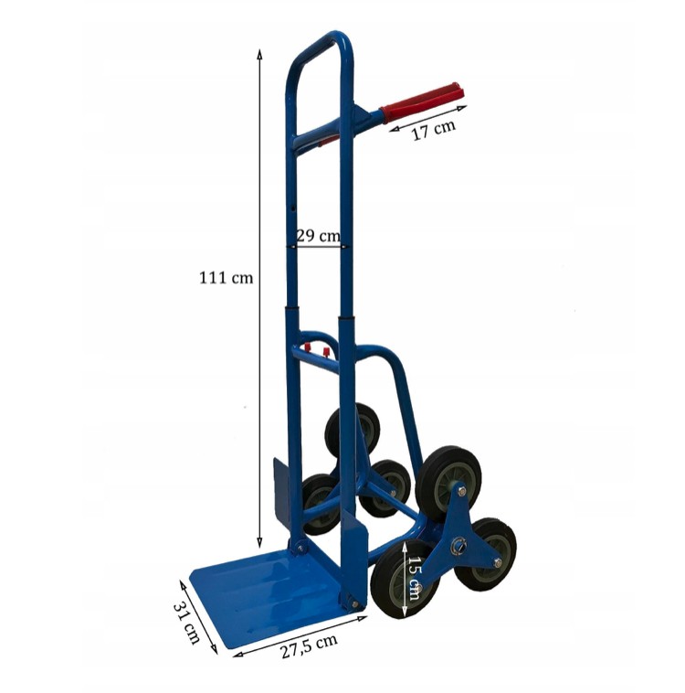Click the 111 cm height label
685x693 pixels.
(227, 278)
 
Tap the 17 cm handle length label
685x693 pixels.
(433, 130)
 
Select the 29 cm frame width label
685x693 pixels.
(318, 236)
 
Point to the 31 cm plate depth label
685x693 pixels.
(187, 623)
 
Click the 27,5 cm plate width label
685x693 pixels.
(309, 645)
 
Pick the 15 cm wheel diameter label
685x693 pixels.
(414, 578)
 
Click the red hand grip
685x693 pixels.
(422, 102)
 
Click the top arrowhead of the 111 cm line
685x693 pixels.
(259, 54)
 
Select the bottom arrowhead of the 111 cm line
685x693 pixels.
(259, 543)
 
